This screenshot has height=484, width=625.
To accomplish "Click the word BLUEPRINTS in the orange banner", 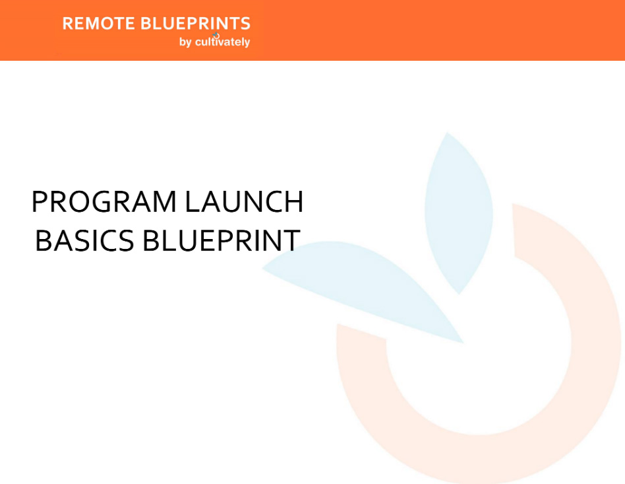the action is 195,24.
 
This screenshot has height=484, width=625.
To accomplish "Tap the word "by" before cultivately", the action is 185,42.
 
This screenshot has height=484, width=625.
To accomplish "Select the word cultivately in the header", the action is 222,42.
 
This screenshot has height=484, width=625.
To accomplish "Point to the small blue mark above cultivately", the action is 216,35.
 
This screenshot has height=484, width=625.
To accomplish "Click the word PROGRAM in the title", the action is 104,201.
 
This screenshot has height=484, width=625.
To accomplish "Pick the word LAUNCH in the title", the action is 245,201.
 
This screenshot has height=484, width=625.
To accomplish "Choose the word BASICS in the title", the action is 84,240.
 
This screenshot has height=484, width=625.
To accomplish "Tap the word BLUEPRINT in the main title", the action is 222,240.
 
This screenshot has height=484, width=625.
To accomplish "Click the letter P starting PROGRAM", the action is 39,201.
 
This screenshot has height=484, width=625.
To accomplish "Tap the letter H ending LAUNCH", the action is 295,201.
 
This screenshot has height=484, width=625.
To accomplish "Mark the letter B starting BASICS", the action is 43,240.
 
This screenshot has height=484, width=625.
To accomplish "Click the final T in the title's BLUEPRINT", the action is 292,240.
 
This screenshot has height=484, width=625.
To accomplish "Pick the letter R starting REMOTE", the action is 68,24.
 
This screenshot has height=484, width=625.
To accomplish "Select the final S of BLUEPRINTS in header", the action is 245,24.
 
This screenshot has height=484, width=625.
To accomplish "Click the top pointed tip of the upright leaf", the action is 447,133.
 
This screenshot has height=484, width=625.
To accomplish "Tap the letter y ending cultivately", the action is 247,43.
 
